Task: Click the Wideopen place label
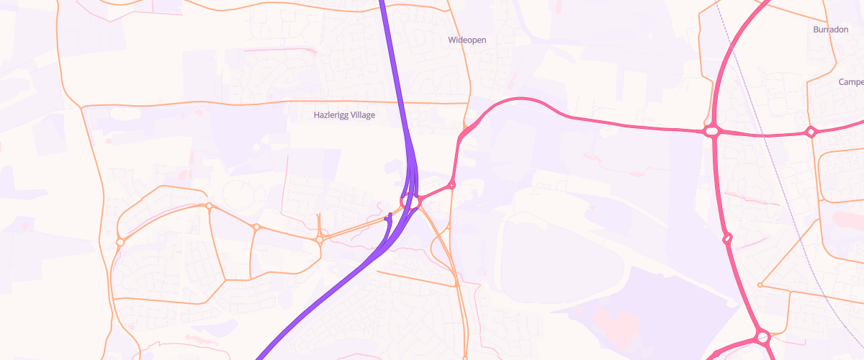tap(467, 40)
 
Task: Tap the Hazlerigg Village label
tap(344, 114)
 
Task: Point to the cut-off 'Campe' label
tap(851, 82)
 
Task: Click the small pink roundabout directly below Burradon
tap(811, 132)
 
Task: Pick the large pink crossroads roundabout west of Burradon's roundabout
tap(712, 131)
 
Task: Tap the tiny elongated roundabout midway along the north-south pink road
tap(727, 238)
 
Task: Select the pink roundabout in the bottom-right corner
tap(762, 336)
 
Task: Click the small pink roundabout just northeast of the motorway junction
tap(451, 186)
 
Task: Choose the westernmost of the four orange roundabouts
tap(120, 242)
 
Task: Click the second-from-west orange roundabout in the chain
tap(209, 207)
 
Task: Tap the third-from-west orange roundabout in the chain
tap(256, 228)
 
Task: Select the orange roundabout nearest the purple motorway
tap(320, 239)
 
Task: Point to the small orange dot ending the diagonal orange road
tap(760, 285)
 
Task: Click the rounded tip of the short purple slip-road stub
tap(390, 215)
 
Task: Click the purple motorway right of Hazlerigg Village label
tap(402, 115)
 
